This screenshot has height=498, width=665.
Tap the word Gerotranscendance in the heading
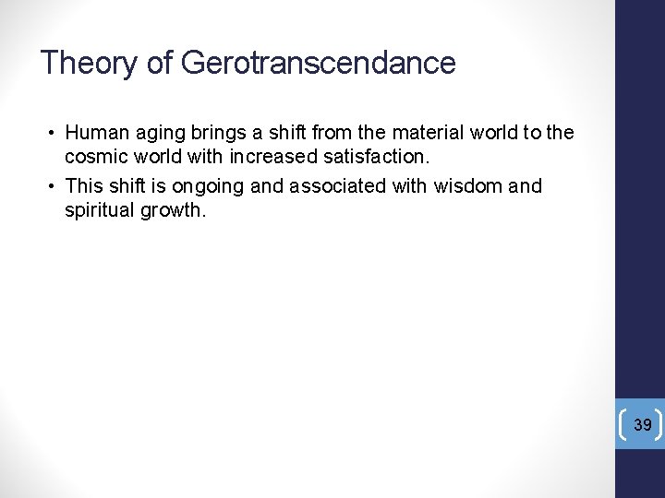pyautogui.click(x=319, y=64)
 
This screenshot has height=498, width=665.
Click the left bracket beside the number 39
pyautogui.click(x=627, y=424)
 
